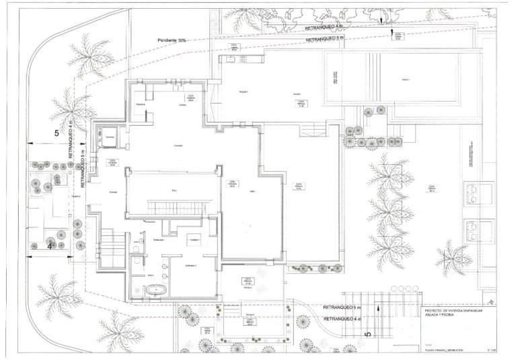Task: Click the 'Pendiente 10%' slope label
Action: click(172, 40)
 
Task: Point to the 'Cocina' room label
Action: click(182, 105)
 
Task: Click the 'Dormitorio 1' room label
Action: click(191, 266)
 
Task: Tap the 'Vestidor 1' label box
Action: click(194, 240)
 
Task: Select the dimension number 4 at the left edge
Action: click(50, 246)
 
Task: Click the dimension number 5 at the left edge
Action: click(56, 133)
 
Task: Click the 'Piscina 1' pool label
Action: click(406, 79)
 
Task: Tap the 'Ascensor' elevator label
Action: click(110, 137)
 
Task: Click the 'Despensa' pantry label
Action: click(141, 105)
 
